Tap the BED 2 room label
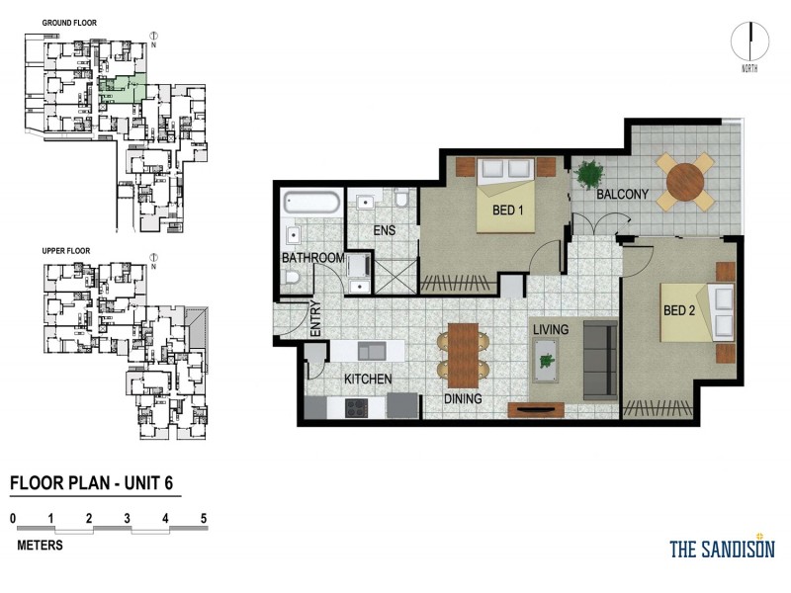pyautogui.click(x=680, y=310)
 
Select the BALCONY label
pyautogui.click(x=622, y=195)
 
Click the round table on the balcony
pyautogui.click(x=687, y=181)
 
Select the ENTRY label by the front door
pyautogui.click(x=315, y=319)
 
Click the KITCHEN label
pyautogui.click(x=368, y=379)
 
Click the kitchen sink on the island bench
pyautogui.click(x=371, y=350)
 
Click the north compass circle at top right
pyautogui.click(x=750, y=42)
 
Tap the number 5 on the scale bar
pyautogui.click(x=203, y=517)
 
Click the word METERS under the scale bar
pyautogui.click(x=41, y=545)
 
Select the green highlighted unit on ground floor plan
pyautogui.click(x=123, y=90)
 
